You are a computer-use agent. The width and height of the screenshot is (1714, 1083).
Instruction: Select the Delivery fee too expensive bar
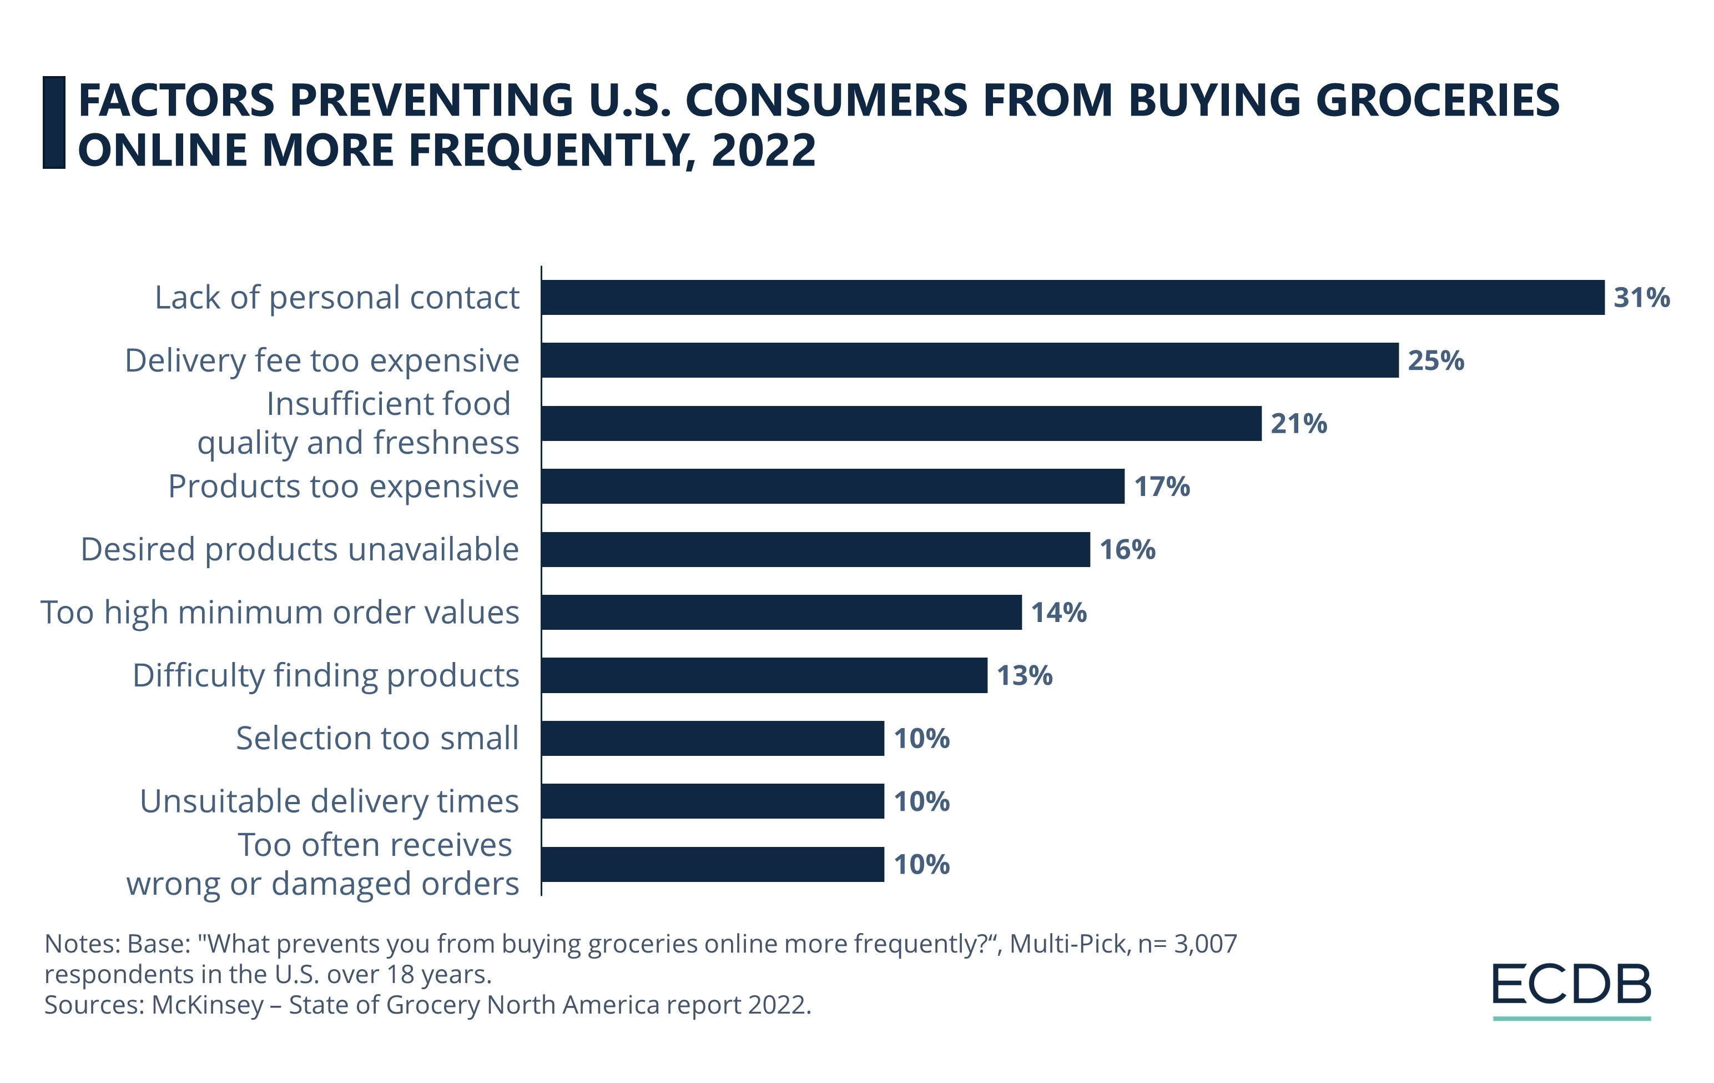pos(970,360)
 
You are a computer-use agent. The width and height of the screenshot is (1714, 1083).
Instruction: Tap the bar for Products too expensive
pos(833,487)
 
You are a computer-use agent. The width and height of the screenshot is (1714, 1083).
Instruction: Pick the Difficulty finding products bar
pos(764,675)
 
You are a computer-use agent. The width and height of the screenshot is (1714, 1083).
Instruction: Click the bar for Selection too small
pos(713,738)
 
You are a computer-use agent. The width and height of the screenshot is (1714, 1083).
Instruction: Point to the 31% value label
pos(1641,298)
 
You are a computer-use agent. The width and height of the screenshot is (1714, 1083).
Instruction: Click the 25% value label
pos(1436,361)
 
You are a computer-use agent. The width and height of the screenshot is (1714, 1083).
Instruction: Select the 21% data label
pos(1298,424)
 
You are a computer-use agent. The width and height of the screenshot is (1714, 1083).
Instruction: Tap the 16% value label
pos(1127,550)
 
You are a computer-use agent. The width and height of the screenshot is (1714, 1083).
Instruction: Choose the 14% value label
pos(1058,613)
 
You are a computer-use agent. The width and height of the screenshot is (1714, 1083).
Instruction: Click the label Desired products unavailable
pos(300,550)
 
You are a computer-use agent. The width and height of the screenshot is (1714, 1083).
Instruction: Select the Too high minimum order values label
pos(280,613)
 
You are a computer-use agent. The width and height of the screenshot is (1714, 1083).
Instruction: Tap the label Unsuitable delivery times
pos(329,802)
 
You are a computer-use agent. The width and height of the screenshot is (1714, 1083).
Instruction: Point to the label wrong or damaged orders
pos(322,884)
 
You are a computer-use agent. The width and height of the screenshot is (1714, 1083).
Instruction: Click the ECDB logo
pos(1571,988)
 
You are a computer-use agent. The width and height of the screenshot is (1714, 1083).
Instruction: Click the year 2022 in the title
pos(763,151)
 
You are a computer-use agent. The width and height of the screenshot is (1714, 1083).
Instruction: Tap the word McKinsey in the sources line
pos(208,1005)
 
